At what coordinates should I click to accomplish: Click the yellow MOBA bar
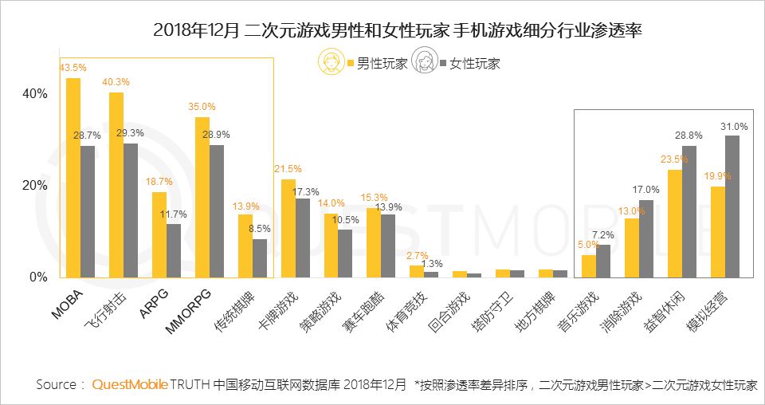pos(73,177)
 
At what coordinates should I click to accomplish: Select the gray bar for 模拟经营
pos(732,206)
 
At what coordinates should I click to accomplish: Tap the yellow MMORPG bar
pos(202,197)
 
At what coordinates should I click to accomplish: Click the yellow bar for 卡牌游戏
pos(288,228)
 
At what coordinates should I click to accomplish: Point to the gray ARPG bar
pos(174,250)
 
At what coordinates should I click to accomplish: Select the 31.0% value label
pos(734,127)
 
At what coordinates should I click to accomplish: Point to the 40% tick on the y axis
pos(36,93)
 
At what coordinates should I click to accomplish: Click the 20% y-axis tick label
pos(36,186)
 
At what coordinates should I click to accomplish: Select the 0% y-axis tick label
pos(39,277)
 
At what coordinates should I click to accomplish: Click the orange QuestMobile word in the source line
pos(130,385)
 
